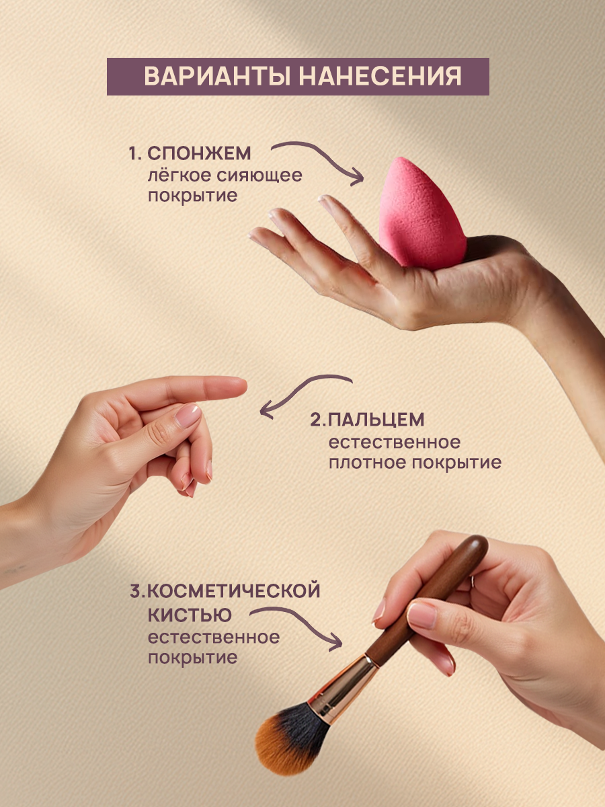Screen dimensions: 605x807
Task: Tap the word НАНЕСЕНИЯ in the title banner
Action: tap(380, 77)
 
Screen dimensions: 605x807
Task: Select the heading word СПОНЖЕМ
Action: tap(199, 153)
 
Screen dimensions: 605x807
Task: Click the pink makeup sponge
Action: tap(421, 213)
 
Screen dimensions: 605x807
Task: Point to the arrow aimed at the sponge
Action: tap(323, 155)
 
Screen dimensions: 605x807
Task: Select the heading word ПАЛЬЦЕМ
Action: tap(376, 420)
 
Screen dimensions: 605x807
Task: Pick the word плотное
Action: tap(367, 463)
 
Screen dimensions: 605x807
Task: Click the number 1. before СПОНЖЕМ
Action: tap(135, 154)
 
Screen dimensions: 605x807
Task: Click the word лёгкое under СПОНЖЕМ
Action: tap(179, 176)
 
